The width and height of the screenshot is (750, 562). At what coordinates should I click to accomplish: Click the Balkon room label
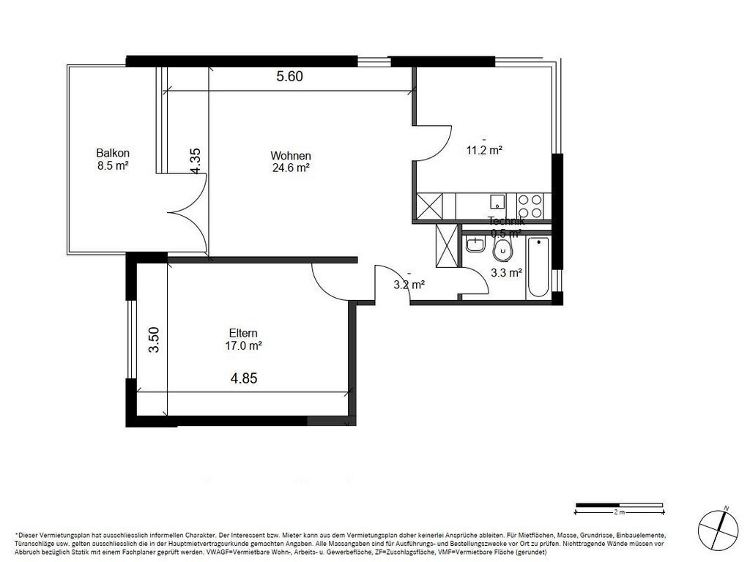pos(113,153)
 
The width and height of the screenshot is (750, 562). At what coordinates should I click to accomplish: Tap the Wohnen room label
pos(291,156)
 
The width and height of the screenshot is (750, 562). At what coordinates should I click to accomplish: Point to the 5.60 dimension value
pos(289,76)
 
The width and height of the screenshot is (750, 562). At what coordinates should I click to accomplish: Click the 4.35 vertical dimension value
pos(196,161)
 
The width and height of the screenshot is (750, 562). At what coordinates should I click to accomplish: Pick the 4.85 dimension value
pos(244,378)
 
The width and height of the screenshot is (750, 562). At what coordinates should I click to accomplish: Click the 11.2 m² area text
pos(484,150)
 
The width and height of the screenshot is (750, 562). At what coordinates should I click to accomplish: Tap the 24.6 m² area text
pos(291,168)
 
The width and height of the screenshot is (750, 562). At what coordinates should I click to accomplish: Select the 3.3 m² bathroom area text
pos(505,273)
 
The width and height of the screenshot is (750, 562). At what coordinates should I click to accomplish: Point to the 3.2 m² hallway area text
pos(409,285)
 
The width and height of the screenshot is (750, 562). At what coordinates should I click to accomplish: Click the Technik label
pos(506,222)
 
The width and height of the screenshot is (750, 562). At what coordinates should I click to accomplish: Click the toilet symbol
pos(503,250)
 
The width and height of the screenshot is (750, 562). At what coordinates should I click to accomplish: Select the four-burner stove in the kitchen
pos(530,206)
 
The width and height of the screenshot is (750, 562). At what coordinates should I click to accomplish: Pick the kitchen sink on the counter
pos(497,203)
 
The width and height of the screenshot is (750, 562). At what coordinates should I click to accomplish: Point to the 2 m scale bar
pos(619,505)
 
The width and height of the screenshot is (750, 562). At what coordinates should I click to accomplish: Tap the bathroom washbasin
pos(475,245)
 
